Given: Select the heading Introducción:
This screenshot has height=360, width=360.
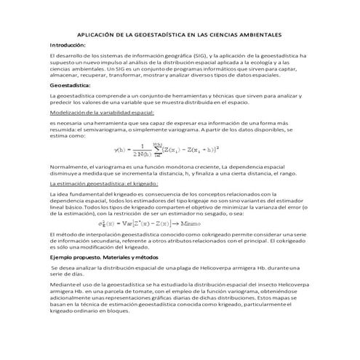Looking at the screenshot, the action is (68, 45).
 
